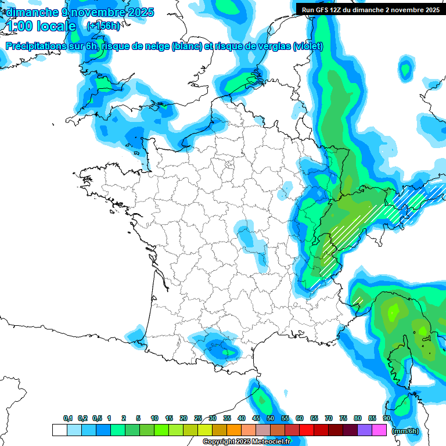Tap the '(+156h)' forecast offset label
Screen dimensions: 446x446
pyautogui.click(x=103, y=26)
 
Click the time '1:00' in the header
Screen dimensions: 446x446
pyautogui.click(x=19, y=26)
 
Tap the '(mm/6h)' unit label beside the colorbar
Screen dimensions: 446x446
pyautogui.click(x=406, y=430)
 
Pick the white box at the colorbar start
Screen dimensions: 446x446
pyautogui.click(x=59, y=430)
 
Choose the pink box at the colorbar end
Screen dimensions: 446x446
pyautogui.click(x=379, y=430)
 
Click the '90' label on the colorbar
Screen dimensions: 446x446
pyautogui.click(x=387, y=419)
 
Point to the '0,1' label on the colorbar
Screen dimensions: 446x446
pyautogui.click(x=67, y=419)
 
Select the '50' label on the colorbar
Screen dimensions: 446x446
pyautogui.click(x=271, y=419)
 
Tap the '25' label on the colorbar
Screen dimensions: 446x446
pyautogui.click(x=198, y=419)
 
